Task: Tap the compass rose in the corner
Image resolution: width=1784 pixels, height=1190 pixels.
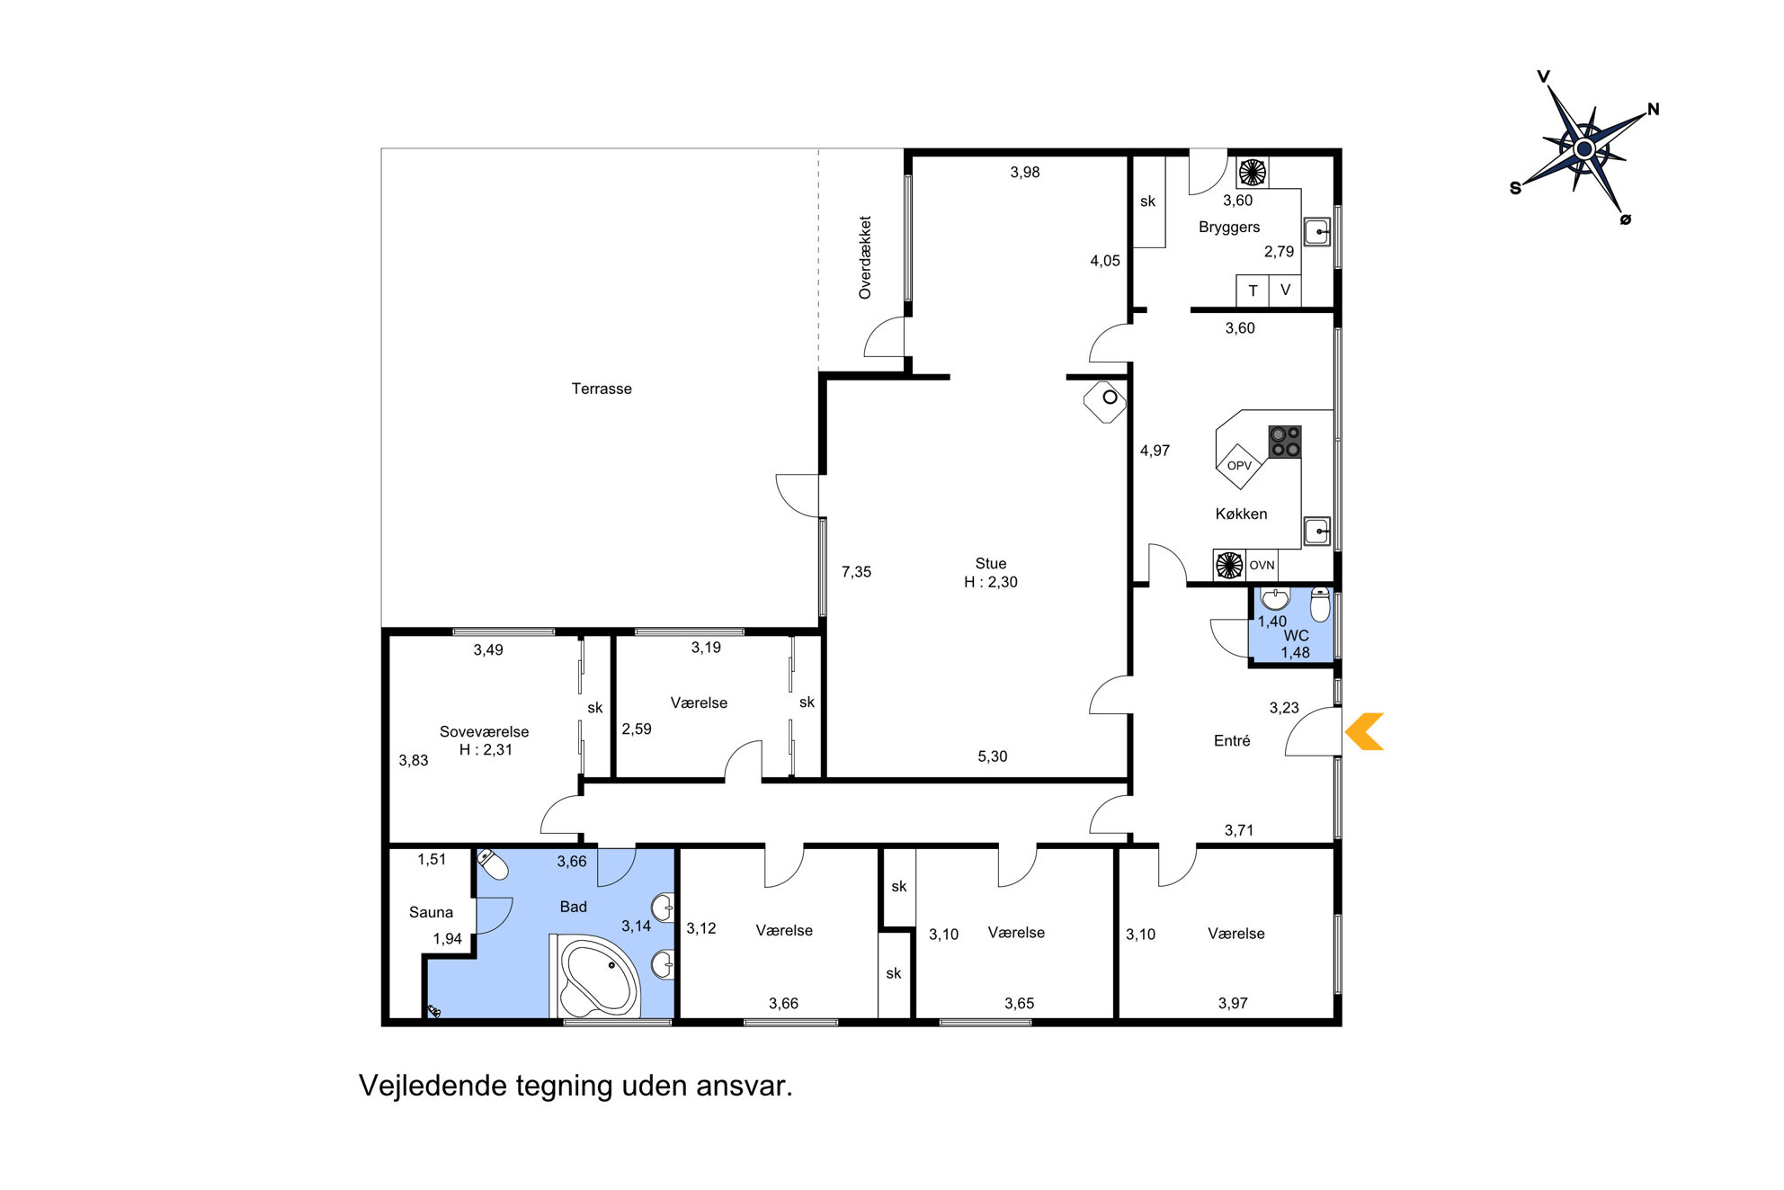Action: [1584, 147]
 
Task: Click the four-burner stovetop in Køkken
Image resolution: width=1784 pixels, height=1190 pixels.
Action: [1284, 442]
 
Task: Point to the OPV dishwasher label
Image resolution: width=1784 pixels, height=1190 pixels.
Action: [1239, 465]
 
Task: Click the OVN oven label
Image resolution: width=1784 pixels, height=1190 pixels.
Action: [1262, 565]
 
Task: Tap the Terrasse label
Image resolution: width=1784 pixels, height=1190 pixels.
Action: [602, 389]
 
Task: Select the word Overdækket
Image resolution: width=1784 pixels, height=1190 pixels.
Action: [865, 257]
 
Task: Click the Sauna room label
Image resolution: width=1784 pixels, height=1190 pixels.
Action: [431, 912]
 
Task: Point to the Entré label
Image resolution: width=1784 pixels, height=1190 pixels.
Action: [1232, 740]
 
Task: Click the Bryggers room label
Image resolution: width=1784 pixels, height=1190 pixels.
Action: [1229, 228]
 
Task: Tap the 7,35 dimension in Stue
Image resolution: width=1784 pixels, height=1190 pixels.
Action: [856, 572]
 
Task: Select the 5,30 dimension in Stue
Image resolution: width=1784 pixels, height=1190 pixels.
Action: [993, 756]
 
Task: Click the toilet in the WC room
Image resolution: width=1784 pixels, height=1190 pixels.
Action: [1320, 604]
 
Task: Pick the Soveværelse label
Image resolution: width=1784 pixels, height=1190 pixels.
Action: [484, 731]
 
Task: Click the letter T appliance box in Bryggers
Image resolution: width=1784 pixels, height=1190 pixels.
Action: [1253, 291]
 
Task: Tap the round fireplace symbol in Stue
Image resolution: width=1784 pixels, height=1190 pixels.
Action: [1109, 397]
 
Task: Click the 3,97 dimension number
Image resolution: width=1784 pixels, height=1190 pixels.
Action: [1233, 1003]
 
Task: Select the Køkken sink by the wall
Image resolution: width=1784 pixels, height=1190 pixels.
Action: [1317, 531]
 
